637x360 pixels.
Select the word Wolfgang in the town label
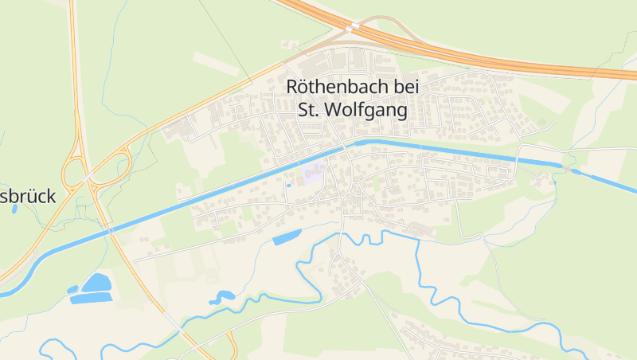click(x=365, y=110)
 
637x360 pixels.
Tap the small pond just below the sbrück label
click(x=14, y=209)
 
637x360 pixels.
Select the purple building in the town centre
click(x=312, y=174)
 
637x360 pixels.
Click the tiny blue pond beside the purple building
click(x=288, y=186)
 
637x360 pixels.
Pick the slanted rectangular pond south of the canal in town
click(x=287, y=237)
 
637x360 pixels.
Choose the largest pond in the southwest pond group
click(x=96, y=283)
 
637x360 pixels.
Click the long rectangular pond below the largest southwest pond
click(x=91, y=298)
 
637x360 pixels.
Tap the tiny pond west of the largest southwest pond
click(x=72, y=289)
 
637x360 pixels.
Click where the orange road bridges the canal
click(x=111, y=231)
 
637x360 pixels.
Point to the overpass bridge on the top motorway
click(x=351, y=28)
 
